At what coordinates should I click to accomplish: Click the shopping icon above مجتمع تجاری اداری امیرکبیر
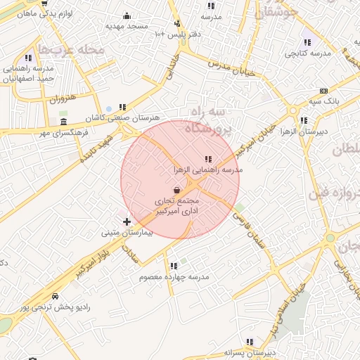(176, 190)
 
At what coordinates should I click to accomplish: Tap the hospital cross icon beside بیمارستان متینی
(127, 222)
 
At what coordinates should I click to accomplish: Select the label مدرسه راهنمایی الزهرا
(207, 170)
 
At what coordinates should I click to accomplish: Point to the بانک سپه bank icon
(323, 91)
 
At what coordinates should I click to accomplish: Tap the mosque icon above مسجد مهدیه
(127, 15)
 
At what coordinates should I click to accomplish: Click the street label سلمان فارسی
(257, 236)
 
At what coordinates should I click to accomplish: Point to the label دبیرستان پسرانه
(248, 352)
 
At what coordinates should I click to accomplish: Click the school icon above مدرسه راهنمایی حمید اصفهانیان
(28, 58)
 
